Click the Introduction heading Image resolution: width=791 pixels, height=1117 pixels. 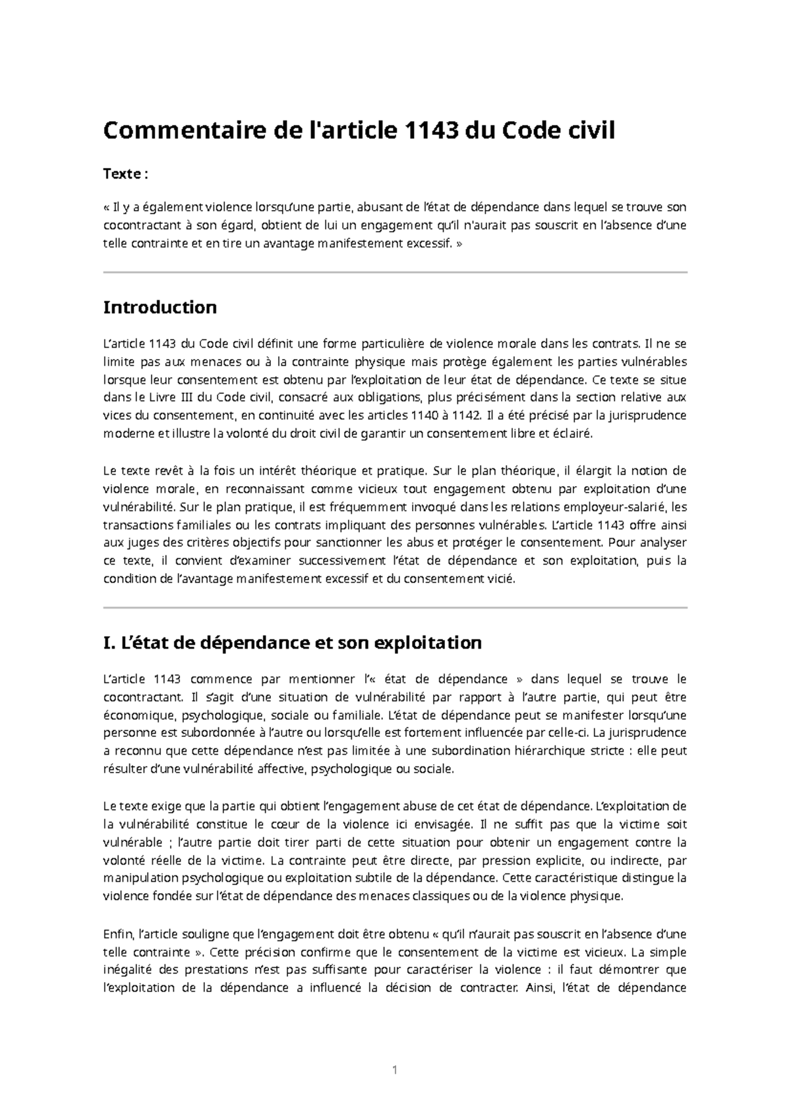point(160,307)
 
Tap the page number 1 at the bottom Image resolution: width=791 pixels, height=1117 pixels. point(395,1070)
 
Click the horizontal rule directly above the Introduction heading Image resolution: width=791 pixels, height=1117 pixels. point(395,272)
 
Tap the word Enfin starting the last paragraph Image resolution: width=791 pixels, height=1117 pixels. point(118,934)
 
